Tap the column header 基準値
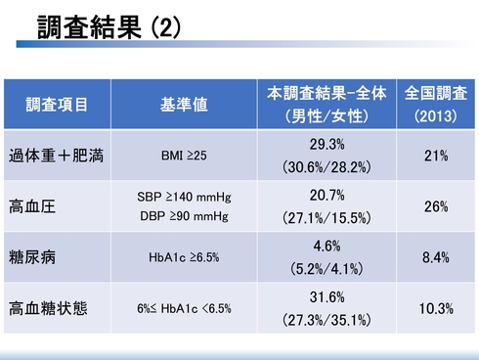tap(184, 104)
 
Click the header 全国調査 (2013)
tap(436, 104)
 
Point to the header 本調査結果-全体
tap(327, 93)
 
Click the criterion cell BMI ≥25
tap(184, 156)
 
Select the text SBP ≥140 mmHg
tap(184, 197)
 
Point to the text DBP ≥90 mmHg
tap(184, 215)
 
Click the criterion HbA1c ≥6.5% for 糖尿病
tap(184, 258)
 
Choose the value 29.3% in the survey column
tap(327, 145)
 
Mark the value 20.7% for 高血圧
tap(327, 196)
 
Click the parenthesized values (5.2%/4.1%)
tap(327, 267)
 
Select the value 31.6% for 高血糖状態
tap(327, 298)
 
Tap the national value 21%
tap(436, 156)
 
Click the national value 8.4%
tap(436, 258)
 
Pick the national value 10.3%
tap(436, 309)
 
